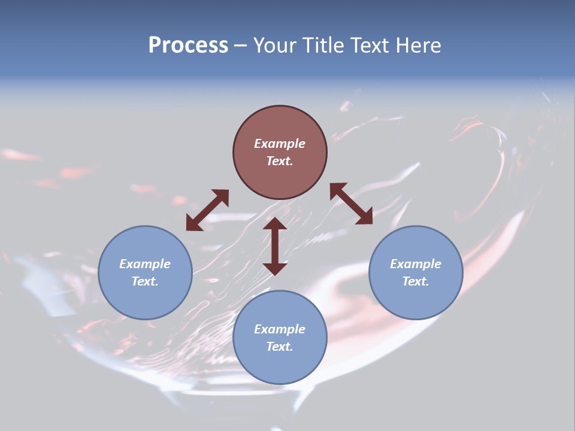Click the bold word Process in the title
coord(188,45)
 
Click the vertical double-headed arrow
coord(275,246)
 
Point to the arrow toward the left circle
coord(207,210)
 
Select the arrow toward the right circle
coord(351,204)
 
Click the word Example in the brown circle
coord(280,144)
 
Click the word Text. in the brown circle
coord(280,161)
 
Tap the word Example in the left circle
coord(145,264)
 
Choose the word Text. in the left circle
coord(145,281)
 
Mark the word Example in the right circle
coord(416,264)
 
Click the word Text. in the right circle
coord(416,281)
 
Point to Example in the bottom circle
coord(280,329)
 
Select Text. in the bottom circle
coord(280,347)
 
